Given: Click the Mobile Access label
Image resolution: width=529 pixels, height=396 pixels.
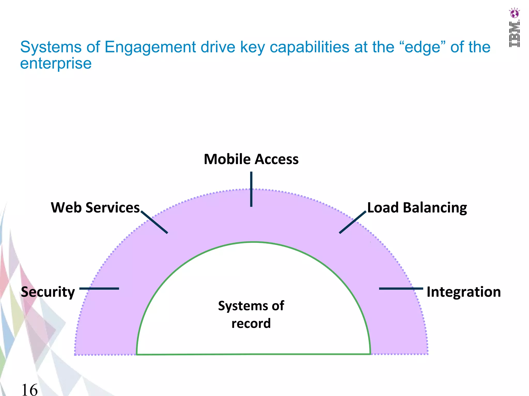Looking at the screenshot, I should click(251, 159).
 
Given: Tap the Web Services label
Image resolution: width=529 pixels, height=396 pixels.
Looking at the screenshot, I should click(95, 208).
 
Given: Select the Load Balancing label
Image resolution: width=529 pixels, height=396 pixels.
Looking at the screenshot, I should click(417, 208).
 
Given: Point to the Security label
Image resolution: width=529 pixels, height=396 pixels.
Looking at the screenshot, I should click(48, 292).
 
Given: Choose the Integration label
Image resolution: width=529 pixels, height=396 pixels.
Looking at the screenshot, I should click(464, 292).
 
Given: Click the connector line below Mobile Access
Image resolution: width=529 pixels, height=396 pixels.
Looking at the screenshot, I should click(251, 189).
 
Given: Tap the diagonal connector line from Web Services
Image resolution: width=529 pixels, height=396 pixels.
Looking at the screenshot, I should click(154, 222).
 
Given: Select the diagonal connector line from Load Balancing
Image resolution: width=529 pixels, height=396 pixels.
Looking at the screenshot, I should click(353, 222).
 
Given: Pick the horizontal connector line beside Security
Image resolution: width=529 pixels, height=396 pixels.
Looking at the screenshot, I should click(99, 288).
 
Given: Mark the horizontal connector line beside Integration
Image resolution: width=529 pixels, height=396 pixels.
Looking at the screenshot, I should click(401, 288).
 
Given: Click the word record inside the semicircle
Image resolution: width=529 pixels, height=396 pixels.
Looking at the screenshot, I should click(251, 323).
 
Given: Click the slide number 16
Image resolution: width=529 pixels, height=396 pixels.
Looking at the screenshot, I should click(29, 390).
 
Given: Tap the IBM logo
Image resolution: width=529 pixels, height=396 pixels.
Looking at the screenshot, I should click(514, 34).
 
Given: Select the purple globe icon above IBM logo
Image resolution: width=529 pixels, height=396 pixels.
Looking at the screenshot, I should click(514, 13).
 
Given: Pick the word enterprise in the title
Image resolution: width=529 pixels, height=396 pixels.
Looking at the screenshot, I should click(56, 63).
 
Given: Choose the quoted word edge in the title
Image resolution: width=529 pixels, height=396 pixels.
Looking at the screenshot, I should click(422, 47).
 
